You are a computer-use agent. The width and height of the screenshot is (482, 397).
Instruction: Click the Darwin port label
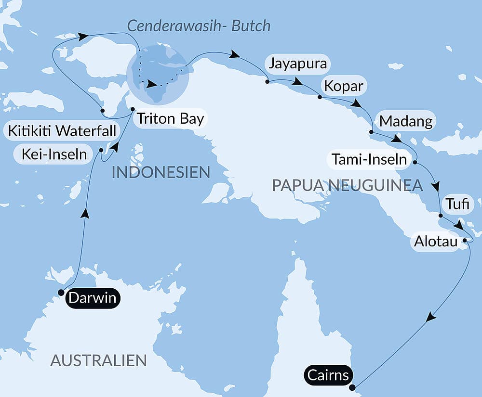(x=93, y=298)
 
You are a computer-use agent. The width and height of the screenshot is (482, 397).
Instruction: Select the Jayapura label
(x=298, y=64)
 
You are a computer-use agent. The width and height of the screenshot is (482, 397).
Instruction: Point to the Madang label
(x=406, y=121)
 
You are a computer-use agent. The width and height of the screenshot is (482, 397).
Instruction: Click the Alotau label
(x=436, y=242)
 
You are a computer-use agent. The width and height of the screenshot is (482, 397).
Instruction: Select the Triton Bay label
(x=170, y=119)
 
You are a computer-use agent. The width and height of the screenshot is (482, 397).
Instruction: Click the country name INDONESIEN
(x=161, y=172)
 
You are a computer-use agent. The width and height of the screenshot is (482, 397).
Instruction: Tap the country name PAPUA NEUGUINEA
(x=347, y=185)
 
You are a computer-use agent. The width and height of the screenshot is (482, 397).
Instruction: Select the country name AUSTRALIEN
(x=98, y=360)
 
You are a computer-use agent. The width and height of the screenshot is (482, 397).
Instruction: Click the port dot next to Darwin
(x=61, y=292)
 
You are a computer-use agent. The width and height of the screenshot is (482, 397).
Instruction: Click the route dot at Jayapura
(x=267, y=82)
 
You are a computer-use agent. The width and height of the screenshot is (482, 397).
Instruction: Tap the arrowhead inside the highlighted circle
(x=152, y=85)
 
